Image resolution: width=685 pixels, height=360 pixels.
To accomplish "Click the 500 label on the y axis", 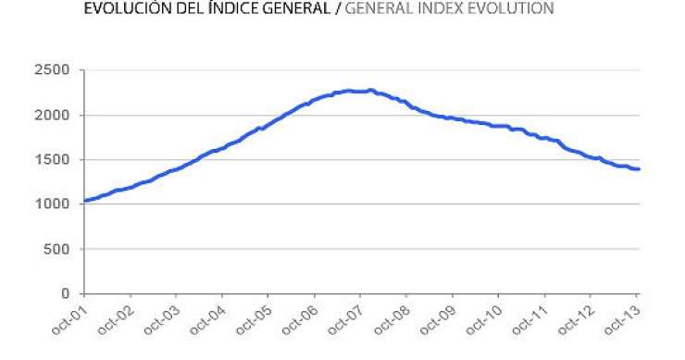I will [58, 249].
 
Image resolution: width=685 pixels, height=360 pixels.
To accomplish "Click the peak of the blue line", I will [370, 90].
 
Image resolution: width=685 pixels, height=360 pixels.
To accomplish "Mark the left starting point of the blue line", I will [84, 201].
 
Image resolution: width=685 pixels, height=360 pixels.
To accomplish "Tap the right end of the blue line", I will [639, 168].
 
